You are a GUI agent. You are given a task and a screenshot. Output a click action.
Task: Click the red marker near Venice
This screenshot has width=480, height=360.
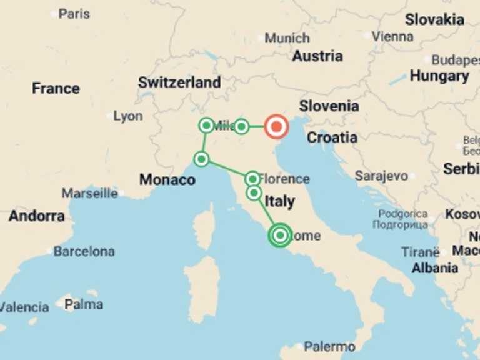click(276, 127)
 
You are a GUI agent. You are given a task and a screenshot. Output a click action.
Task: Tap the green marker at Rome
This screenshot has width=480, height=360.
click(280, 235)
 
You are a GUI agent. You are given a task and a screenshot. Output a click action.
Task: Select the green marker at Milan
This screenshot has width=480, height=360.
click(207, 125)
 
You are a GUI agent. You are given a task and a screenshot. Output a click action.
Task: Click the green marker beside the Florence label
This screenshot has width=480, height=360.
click(252, 179)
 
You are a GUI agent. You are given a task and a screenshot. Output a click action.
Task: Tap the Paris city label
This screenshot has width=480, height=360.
click(74, 13)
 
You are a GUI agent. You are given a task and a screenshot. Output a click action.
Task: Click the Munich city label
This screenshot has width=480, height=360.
click(287, 38)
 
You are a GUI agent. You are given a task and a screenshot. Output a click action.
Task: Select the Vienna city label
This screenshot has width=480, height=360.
click(392, 36)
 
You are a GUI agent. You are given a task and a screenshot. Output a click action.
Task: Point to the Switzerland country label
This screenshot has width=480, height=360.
click(179, 82)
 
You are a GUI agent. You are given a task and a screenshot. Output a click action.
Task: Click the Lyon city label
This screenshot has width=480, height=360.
click(127, 116)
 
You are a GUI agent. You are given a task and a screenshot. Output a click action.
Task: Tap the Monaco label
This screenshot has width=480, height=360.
click(167, 180)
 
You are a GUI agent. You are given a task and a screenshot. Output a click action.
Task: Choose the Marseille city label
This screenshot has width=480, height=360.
click(89, 193)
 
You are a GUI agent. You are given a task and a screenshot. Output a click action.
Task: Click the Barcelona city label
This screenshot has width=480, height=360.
click(84, 251)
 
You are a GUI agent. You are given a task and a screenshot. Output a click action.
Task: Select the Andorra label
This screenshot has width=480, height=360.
click(36, 216)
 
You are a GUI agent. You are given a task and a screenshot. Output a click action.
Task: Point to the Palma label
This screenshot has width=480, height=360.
click(83, 304)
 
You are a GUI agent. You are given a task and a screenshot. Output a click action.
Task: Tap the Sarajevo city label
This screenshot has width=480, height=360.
click(381, 176)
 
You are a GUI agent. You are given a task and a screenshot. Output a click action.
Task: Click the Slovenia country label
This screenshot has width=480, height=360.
click(329, 106)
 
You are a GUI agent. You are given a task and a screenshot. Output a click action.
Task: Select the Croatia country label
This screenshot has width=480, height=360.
click(332, 137)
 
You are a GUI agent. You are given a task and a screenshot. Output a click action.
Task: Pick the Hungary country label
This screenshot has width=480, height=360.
click(439, 76)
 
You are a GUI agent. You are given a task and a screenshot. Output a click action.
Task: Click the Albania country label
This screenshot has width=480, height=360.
click(434, 267)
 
